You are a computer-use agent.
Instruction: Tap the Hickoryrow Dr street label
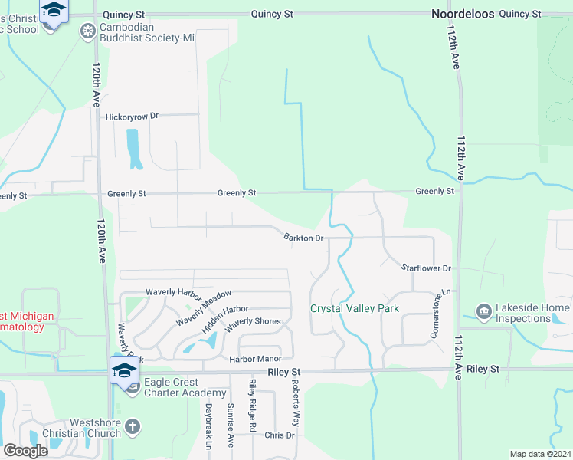[132, 116]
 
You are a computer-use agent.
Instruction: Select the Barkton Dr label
[304, 238]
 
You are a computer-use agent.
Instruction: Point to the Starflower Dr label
[426, 268]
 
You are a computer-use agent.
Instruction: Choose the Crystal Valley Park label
[355, 309]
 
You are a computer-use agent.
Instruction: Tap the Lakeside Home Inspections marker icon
[483, 310]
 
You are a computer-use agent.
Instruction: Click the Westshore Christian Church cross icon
[133, 427]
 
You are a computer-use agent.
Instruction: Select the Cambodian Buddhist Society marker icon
[89, 31]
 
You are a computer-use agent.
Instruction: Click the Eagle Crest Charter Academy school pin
[123, 370]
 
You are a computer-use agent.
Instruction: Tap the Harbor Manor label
[256, 359]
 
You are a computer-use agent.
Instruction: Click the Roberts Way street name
[294, 406]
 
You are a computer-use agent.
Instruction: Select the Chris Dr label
[279, 435]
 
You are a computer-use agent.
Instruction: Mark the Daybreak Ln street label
[208, 426]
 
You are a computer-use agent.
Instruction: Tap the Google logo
[25, 451]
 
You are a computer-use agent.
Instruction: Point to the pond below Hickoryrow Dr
[134, 148]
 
